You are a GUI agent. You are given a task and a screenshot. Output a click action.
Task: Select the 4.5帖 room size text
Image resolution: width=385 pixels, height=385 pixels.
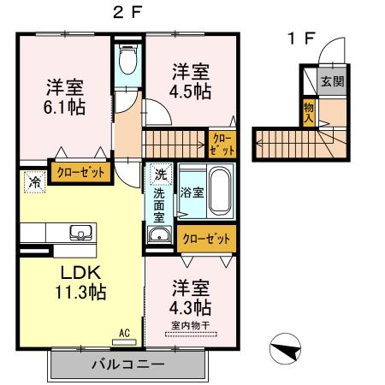[x=190, y=92]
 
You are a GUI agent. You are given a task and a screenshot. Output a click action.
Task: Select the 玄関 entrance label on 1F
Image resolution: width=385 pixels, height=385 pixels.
[x=331, y=82]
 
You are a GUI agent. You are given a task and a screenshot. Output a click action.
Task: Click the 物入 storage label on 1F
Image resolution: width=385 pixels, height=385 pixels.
[x=308, y=113]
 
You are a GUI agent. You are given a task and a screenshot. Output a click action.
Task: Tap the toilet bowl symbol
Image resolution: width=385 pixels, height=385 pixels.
[x=129, y=60]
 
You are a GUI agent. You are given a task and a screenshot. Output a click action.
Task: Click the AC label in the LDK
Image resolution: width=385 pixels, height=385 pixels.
[x=124, y=333]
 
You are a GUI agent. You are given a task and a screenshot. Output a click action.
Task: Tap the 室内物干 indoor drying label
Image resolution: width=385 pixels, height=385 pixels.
[x=190, y=325]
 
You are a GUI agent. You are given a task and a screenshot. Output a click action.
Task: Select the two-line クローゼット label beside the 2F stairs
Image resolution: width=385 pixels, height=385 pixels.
[x=219, y=142]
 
